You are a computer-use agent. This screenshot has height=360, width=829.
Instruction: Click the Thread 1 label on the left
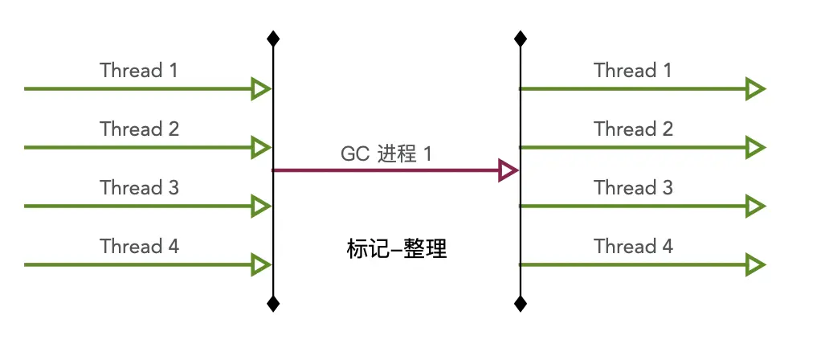coord(139,70)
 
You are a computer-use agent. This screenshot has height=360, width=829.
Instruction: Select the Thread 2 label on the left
coord(139,129)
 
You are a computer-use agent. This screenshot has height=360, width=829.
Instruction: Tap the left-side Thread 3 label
coord(139,187)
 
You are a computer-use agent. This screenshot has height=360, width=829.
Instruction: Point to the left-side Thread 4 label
coord(139,246)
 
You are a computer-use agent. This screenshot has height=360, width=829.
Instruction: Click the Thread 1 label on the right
coord(633,70)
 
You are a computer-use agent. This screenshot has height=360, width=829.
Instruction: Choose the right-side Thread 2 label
coord(633,129)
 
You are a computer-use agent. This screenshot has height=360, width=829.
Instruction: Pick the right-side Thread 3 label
coord(633,187)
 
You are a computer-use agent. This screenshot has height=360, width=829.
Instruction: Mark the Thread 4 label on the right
coord(633,246)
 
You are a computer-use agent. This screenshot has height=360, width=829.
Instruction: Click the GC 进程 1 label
coord(386,153)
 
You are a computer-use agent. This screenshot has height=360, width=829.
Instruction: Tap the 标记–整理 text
coord(396,250)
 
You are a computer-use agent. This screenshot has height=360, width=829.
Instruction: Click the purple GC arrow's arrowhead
coord(508,170)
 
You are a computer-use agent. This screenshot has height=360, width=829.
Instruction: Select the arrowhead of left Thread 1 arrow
coord(260,88)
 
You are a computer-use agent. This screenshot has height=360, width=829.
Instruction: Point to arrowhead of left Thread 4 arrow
coord(260,264)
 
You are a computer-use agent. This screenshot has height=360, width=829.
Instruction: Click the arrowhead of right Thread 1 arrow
coord(754,88)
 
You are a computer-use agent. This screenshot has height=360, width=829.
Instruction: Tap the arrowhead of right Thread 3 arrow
coord(754,206)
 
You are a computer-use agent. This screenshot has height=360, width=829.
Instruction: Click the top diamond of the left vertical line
coord(273,38)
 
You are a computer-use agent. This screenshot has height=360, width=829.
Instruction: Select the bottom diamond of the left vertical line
coord(273,303)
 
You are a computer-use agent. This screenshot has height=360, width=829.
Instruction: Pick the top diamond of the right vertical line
coord(521,38)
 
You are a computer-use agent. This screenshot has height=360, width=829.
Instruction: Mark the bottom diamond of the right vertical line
coord(521,303)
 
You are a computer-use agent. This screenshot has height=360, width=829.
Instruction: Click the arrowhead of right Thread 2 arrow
coord(754,147)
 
